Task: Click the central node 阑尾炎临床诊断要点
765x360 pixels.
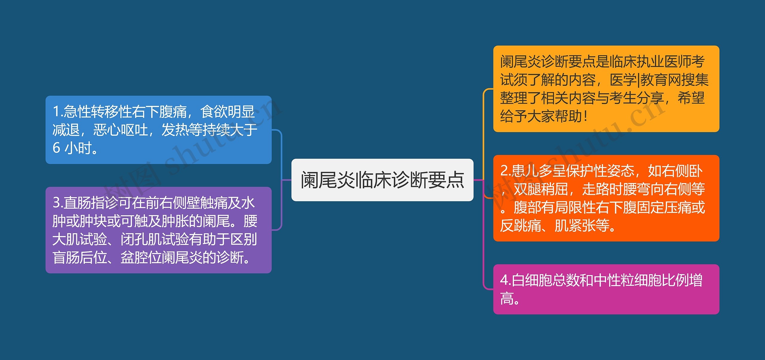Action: coord(382,180)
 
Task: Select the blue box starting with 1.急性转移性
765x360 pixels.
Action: coord(158,130)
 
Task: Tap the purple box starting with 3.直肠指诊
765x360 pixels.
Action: coord(158,230)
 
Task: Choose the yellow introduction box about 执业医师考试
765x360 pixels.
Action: coord(606,89)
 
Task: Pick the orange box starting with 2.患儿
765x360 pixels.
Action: coord(606,198)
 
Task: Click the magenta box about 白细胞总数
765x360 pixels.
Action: coord(606,289)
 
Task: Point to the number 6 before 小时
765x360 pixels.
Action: coord(56,148)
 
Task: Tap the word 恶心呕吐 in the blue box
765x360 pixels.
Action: coord(121,130)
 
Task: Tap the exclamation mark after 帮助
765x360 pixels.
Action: coord(585,116)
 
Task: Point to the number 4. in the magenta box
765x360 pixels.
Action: coord(505,280)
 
